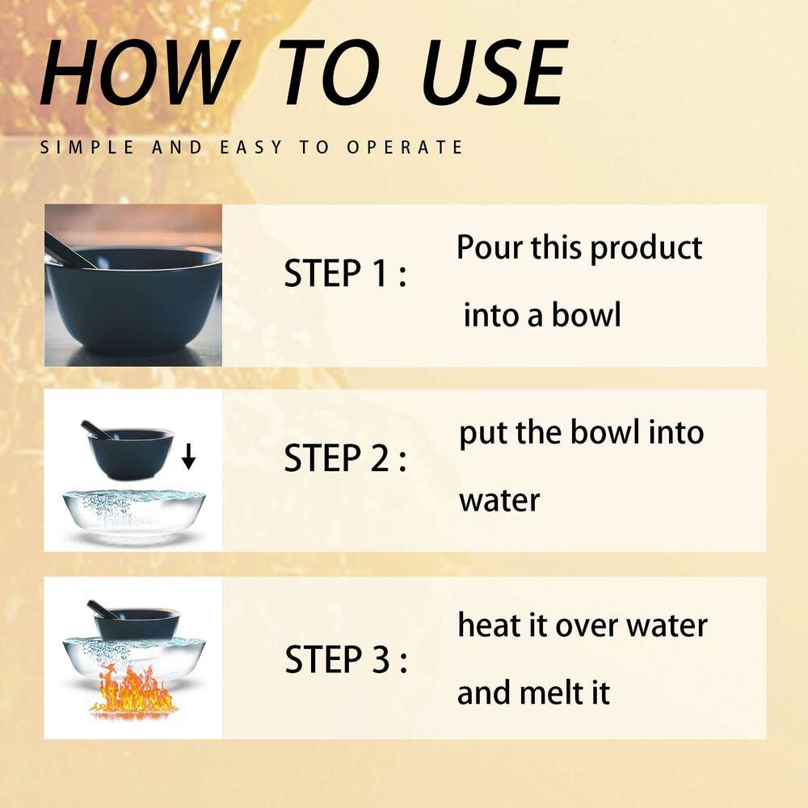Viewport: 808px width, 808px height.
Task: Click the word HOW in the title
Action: pos(139,73)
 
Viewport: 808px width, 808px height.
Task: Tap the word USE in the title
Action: pos(494,73)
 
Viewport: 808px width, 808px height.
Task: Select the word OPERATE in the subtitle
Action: pos(405,147)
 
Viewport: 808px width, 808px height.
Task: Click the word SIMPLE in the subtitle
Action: pos(86,147)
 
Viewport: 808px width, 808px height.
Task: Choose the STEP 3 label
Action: pos(346,659)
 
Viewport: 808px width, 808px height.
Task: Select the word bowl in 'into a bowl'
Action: pos(587,314)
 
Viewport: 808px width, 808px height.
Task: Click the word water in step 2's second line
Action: pos(499,500)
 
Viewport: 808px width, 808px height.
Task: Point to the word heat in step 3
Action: pos(486,625)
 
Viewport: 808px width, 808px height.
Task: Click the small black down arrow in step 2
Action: pos(188,456)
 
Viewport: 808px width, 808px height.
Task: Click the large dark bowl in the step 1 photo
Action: pos(133,301)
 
